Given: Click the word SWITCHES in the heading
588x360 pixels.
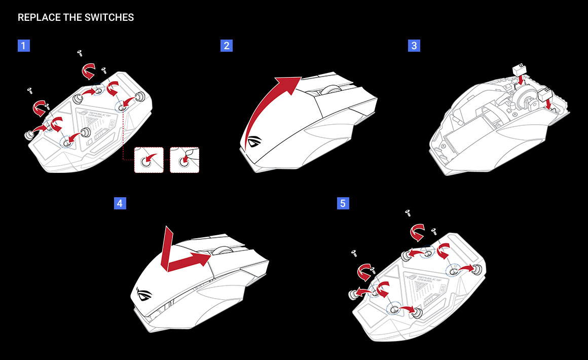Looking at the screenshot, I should pos(113,18).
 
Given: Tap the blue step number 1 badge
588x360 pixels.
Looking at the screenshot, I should pos(24,46).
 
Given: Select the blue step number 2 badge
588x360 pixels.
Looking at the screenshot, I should pos(227,46).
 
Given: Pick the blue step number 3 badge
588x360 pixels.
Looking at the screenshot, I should pos(414,46).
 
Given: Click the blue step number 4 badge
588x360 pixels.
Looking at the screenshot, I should pos(120,204).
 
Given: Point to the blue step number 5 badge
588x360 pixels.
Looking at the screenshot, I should pos(343,204).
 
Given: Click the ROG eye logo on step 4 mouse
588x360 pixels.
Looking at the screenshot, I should pos(143,294).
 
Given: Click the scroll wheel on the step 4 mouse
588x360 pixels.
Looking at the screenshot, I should pos(222,248).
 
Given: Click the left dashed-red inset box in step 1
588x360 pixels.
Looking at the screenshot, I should pos(149,160).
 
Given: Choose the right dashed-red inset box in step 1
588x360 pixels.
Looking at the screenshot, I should pos(185,160).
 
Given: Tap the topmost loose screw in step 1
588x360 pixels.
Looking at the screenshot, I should pos(80,52).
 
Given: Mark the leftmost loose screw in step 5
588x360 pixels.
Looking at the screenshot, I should pos(354,252).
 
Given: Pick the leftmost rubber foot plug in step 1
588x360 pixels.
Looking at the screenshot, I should pos(31,134).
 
